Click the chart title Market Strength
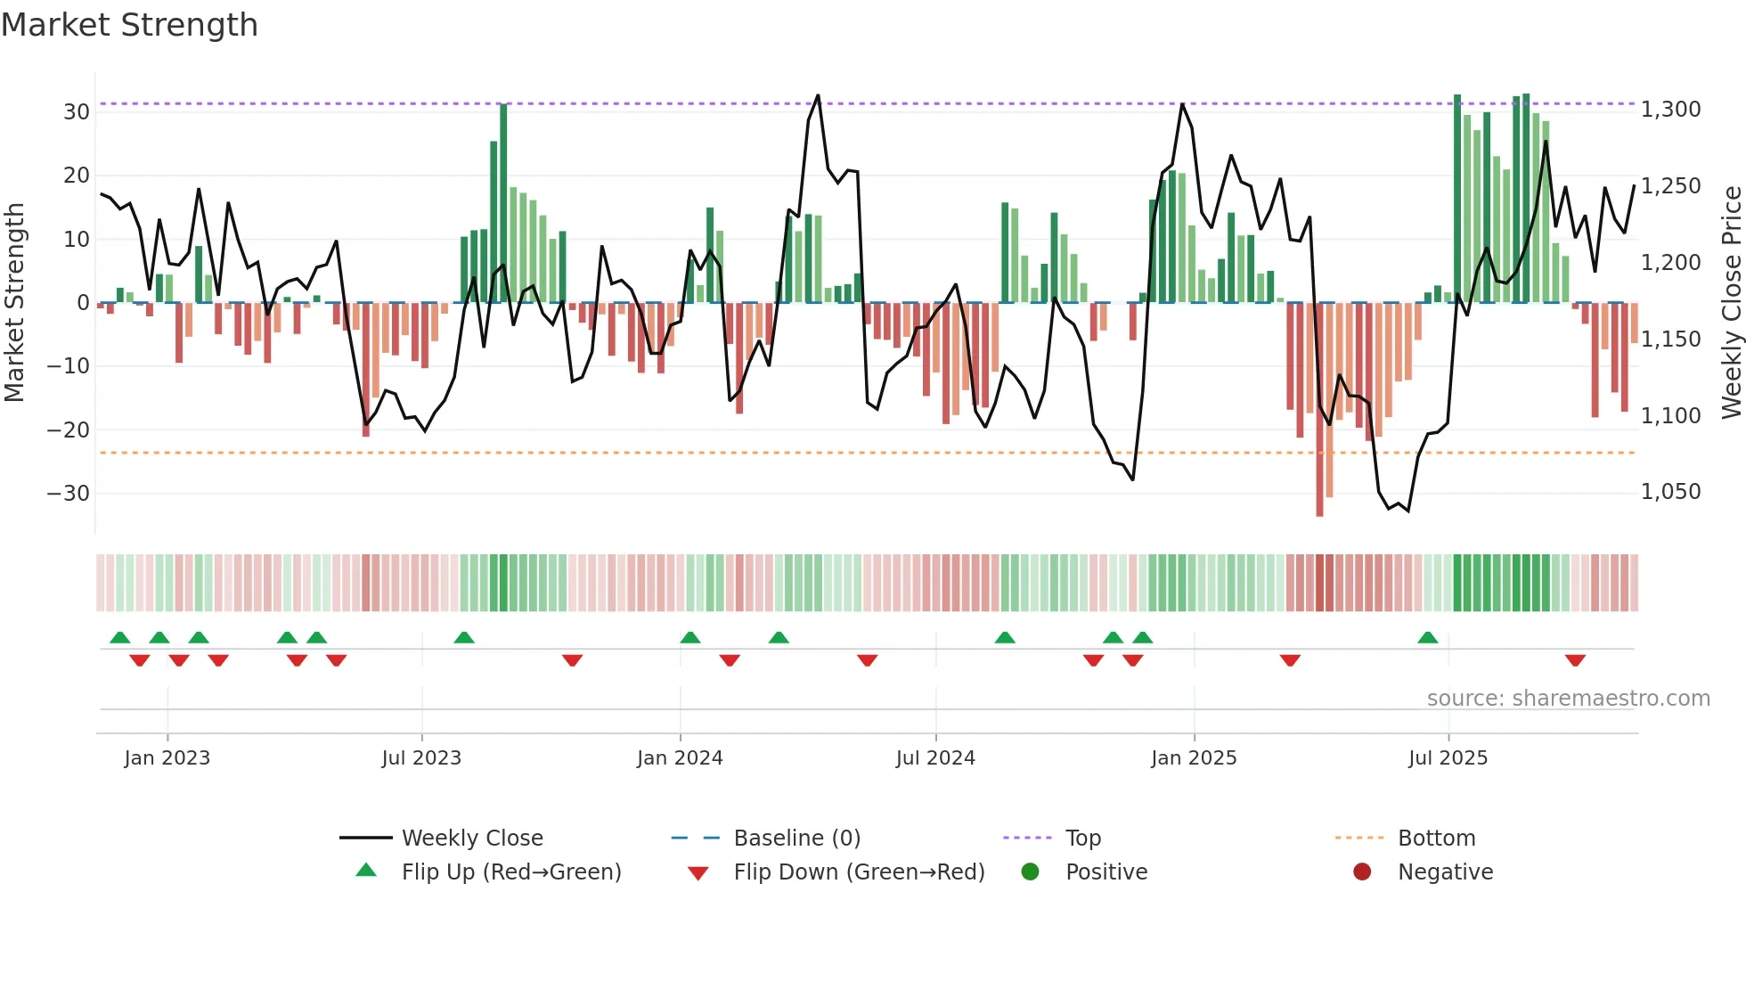(x=129, y=25)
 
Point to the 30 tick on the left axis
(x=77, y=112)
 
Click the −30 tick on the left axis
(x=69, y=494)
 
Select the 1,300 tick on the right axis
(x=1670, y=110)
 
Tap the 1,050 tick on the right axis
(x=1670, y=492)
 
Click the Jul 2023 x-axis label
(x=421, y=758)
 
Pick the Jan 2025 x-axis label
(x=1193, y=758)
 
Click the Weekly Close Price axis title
(x=1731, y=303)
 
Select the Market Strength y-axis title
(x=14, y=303)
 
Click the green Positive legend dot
(x=1030, y=872)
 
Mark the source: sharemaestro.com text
(x=1568, y=699)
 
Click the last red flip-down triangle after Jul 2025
(x=1574, y=660)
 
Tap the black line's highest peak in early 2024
(x=818, y=95)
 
